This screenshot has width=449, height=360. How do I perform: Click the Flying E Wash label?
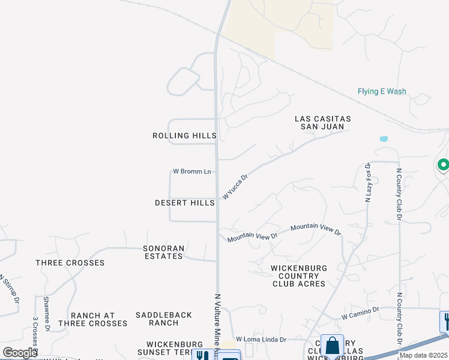click(382, 92)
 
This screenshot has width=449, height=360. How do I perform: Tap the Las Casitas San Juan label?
click(322, 123)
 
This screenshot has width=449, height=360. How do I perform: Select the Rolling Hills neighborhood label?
click(184, 136)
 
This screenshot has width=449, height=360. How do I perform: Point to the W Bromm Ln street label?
click(192, 172)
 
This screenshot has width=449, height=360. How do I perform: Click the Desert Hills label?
click(184, 203)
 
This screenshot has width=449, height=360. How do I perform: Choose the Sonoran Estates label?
click(163, 252)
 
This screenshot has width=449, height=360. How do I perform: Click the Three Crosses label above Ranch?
click(70, 263)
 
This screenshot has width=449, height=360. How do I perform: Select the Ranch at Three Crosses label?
click(99, 319)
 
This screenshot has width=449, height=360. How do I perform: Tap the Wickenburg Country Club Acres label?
click(298, 276)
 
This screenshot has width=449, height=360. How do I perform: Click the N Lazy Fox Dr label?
click(368, 182)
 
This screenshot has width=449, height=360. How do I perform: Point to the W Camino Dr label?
click(361, 312)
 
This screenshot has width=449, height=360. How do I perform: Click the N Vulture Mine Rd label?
click(217, 324)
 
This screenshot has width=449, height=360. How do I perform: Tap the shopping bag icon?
click(332, 346)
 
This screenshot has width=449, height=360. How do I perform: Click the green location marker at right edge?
click(444, 164)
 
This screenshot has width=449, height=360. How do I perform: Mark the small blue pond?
click(384, 139)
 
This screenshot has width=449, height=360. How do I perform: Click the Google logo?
click(20, 353)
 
